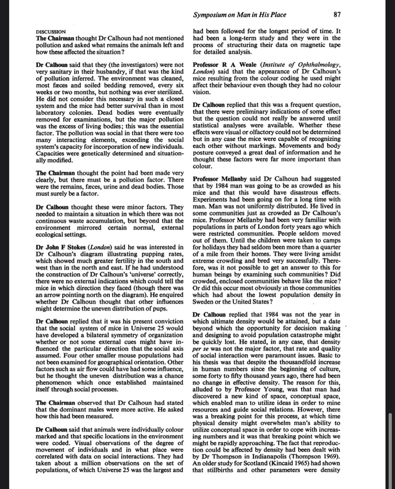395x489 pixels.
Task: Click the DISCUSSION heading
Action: [51, 32]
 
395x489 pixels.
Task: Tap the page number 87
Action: [337, 15]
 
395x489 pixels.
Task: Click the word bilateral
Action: [100, 335]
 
